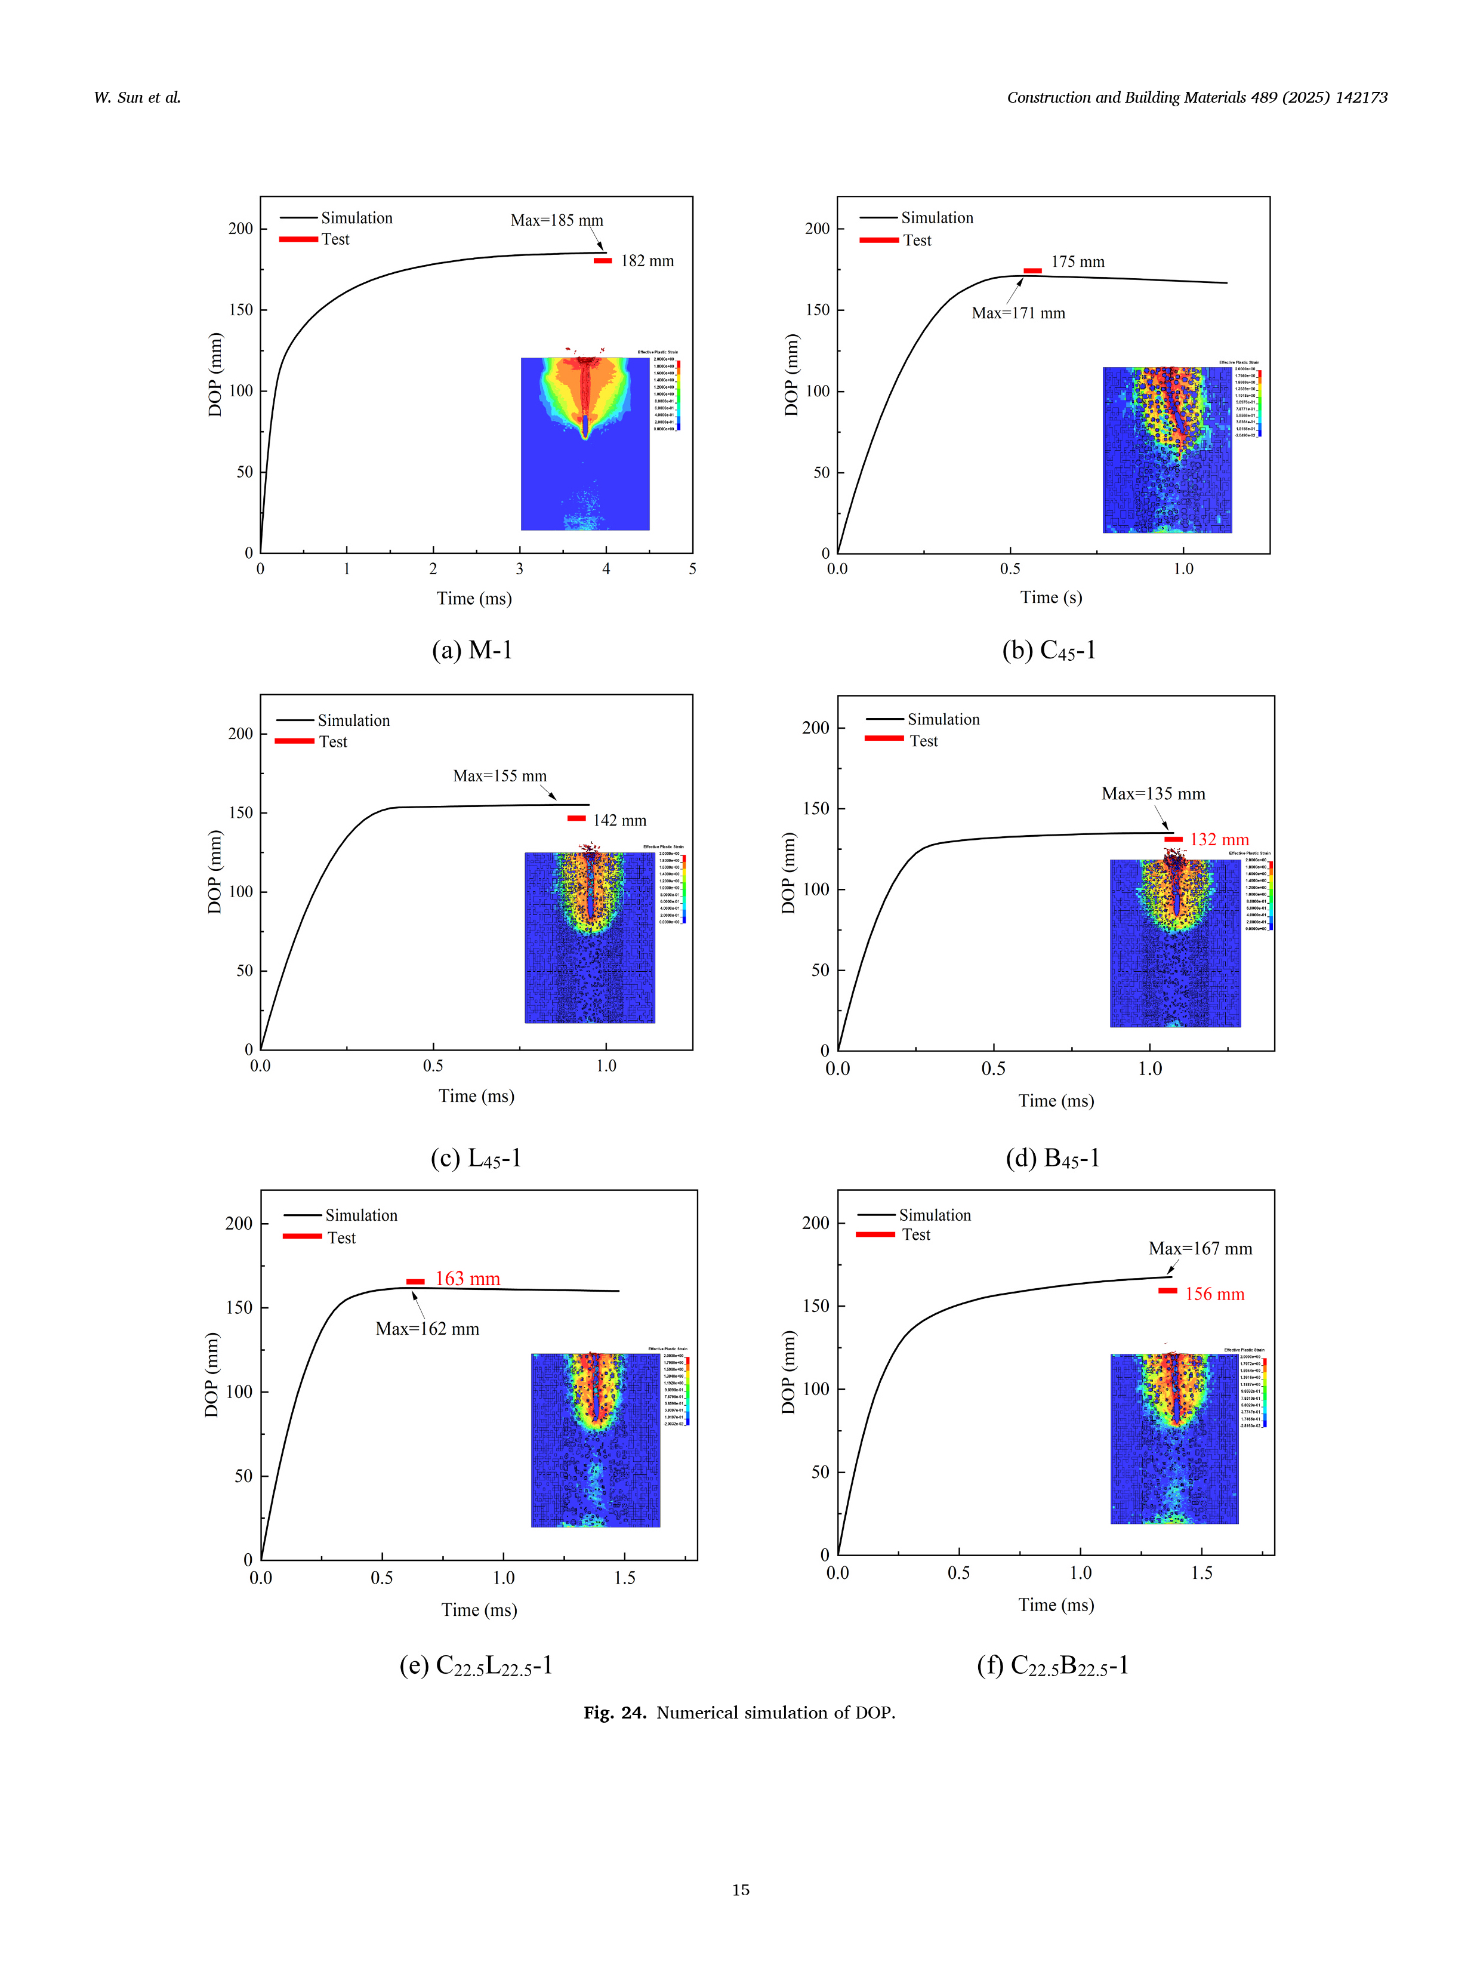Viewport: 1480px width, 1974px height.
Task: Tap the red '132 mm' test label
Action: (x=1219, y=840)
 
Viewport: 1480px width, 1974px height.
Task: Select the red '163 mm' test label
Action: (x=467, y=1279)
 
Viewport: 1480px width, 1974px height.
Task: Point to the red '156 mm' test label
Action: (x=1214, y=1294)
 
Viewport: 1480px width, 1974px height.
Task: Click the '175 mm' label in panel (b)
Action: (x=1078, y=261)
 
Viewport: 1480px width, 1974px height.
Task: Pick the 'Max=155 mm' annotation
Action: (x=499, y=775)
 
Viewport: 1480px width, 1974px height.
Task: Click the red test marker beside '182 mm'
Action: (x=603, y=261)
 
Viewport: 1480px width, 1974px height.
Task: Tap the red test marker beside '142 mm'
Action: (x=577, y=818)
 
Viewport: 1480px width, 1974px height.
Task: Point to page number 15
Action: (x=741, y=1889)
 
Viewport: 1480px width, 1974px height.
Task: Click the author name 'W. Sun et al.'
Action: (x=137, y=97)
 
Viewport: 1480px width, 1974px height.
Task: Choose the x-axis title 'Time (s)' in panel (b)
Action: (x=1051, y=597)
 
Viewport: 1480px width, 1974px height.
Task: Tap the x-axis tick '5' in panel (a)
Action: (x=692, y=568)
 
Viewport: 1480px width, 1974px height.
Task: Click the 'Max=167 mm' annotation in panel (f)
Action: (x=1200, y=1249)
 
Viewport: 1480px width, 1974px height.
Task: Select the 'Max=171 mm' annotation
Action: (x=1018, y=313)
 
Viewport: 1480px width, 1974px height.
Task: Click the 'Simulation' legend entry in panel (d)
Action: (x=943, y=719)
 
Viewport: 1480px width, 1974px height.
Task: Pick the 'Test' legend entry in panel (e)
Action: (x=341, y=1238)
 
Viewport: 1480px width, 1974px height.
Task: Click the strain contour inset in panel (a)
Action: (x=585, y=444)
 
